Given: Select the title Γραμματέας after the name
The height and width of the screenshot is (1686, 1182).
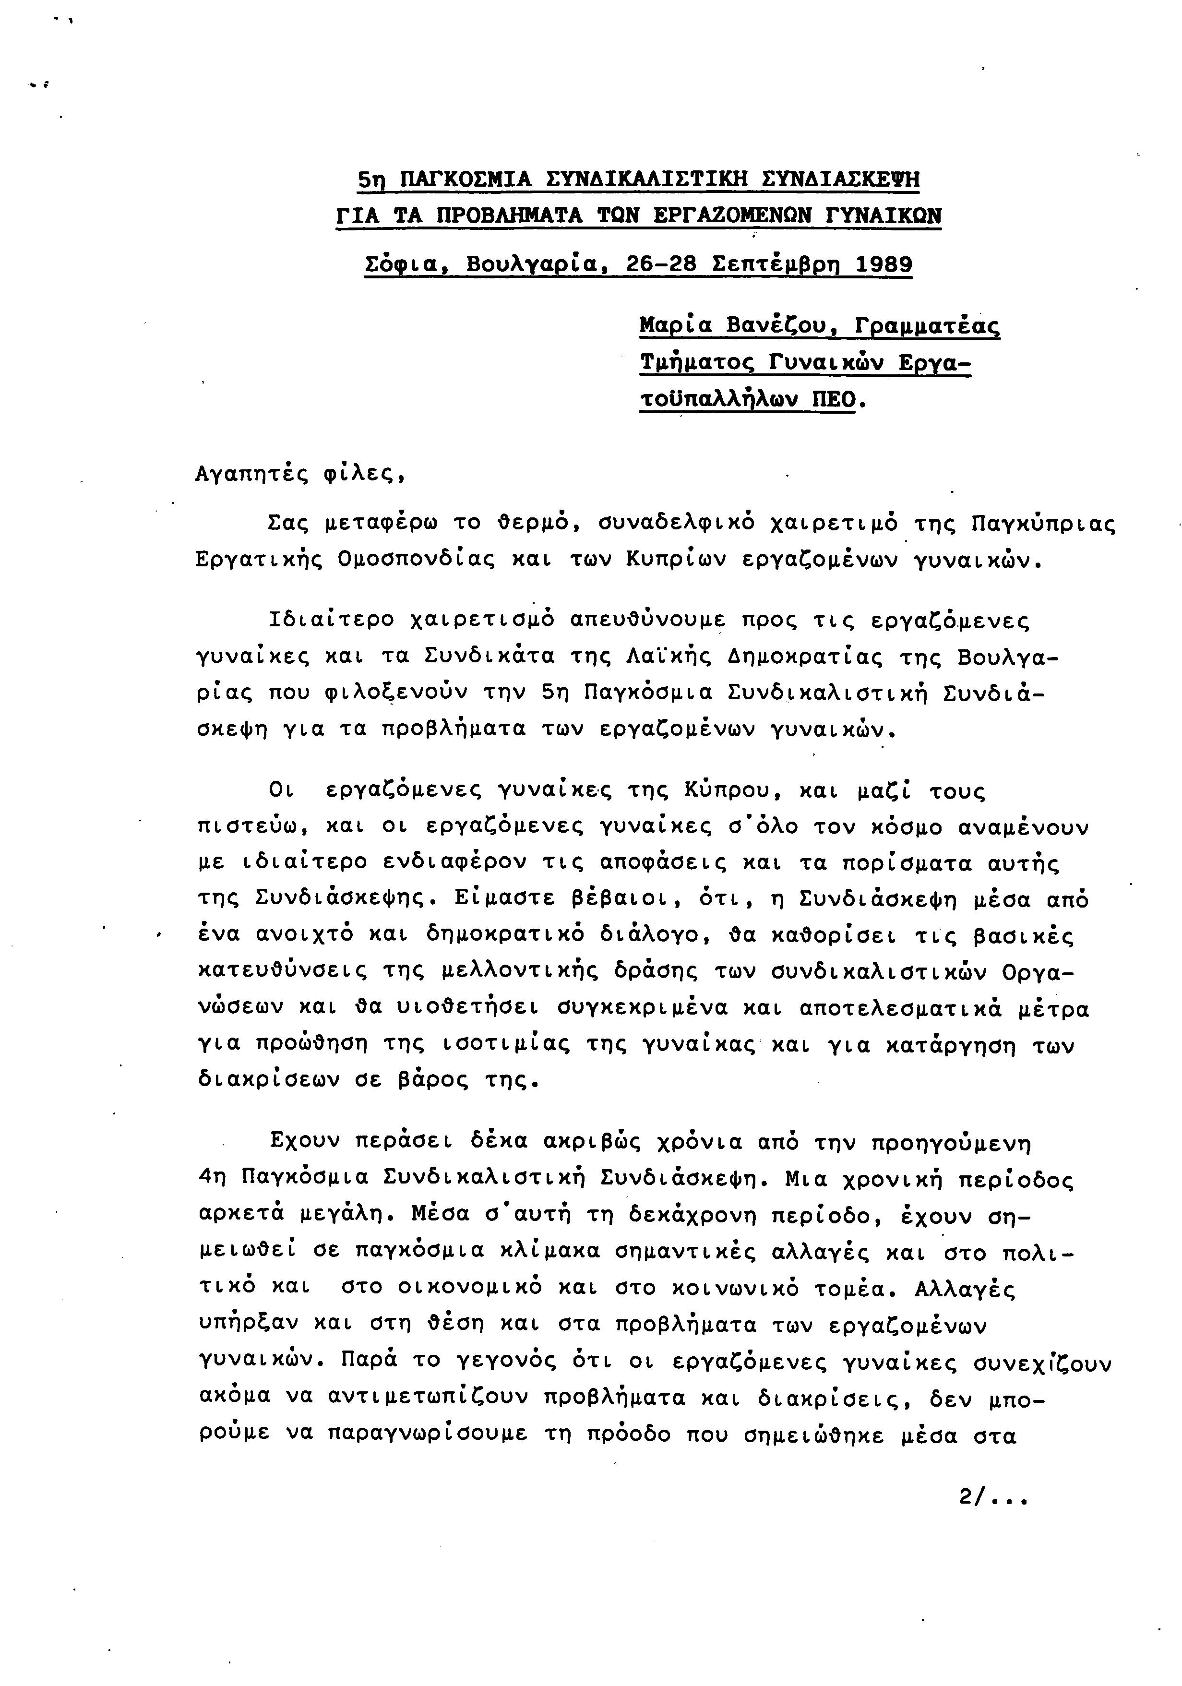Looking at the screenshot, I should coord(927,325).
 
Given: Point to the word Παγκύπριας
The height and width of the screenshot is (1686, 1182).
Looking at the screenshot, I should coord(1042,524).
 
